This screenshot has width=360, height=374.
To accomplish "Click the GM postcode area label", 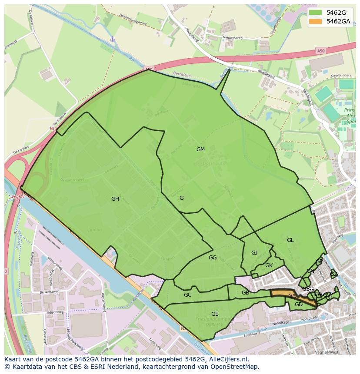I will [200, 149].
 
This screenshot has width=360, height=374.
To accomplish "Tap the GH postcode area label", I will [115, 199].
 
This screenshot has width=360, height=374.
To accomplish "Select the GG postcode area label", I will [213, 258].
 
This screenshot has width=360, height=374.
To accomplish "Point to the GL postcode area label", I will [290, 240].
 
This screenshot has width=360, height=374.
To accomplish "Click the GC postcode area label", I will [188, 295].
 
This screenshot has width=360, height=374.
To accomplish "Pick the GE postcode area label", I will [215, 314].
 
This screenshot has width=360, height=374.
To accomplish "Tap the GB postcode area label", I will [246, 293].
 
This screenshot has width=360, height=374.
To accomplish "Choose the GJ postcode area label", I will [254, 253].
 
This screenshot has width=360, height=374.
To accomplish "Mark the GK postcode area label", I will [269, 265].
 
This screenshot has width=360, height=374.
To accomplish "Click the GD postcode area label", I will [299, 304].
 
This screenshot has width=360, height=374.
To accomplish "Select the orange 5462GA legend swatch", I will [316, 21].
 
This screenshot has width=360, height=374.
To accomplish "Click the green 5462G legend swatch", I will [316, 13].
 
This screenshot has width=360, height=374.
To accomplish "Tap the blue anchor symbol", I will [112, 39].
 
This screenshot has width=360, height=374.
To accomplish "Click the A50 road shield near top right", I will [321, 51].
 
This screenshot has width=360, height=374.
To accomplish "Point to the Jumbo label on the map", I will [95, 229].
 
